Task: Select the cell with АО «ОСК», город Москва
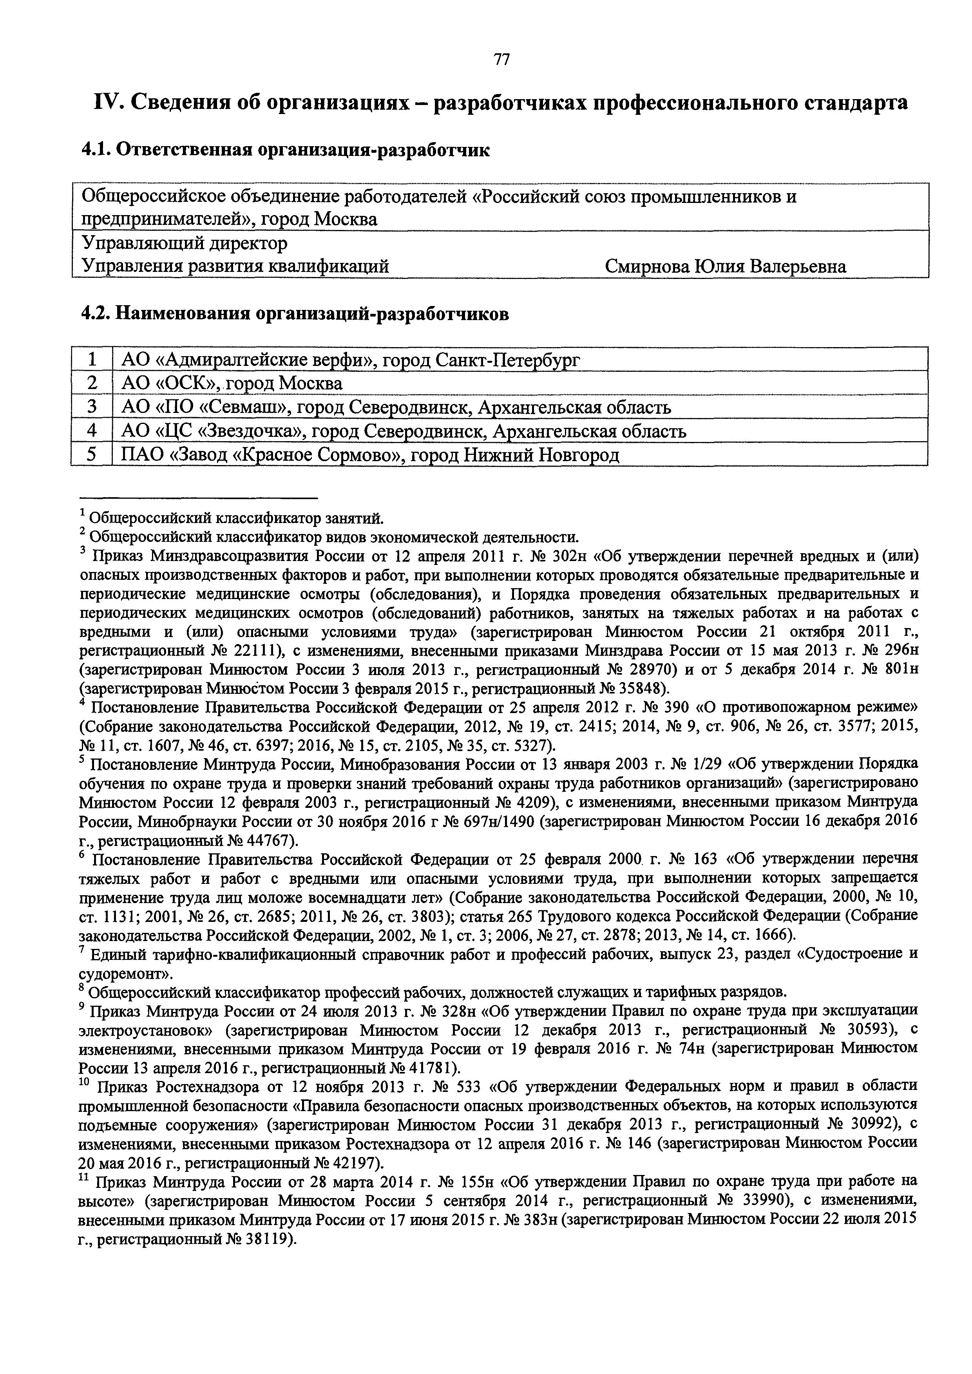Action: pyautogui.click(x=232, y=383)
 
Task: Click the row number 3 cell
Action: pyautogui.click(x=92, y=407)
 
